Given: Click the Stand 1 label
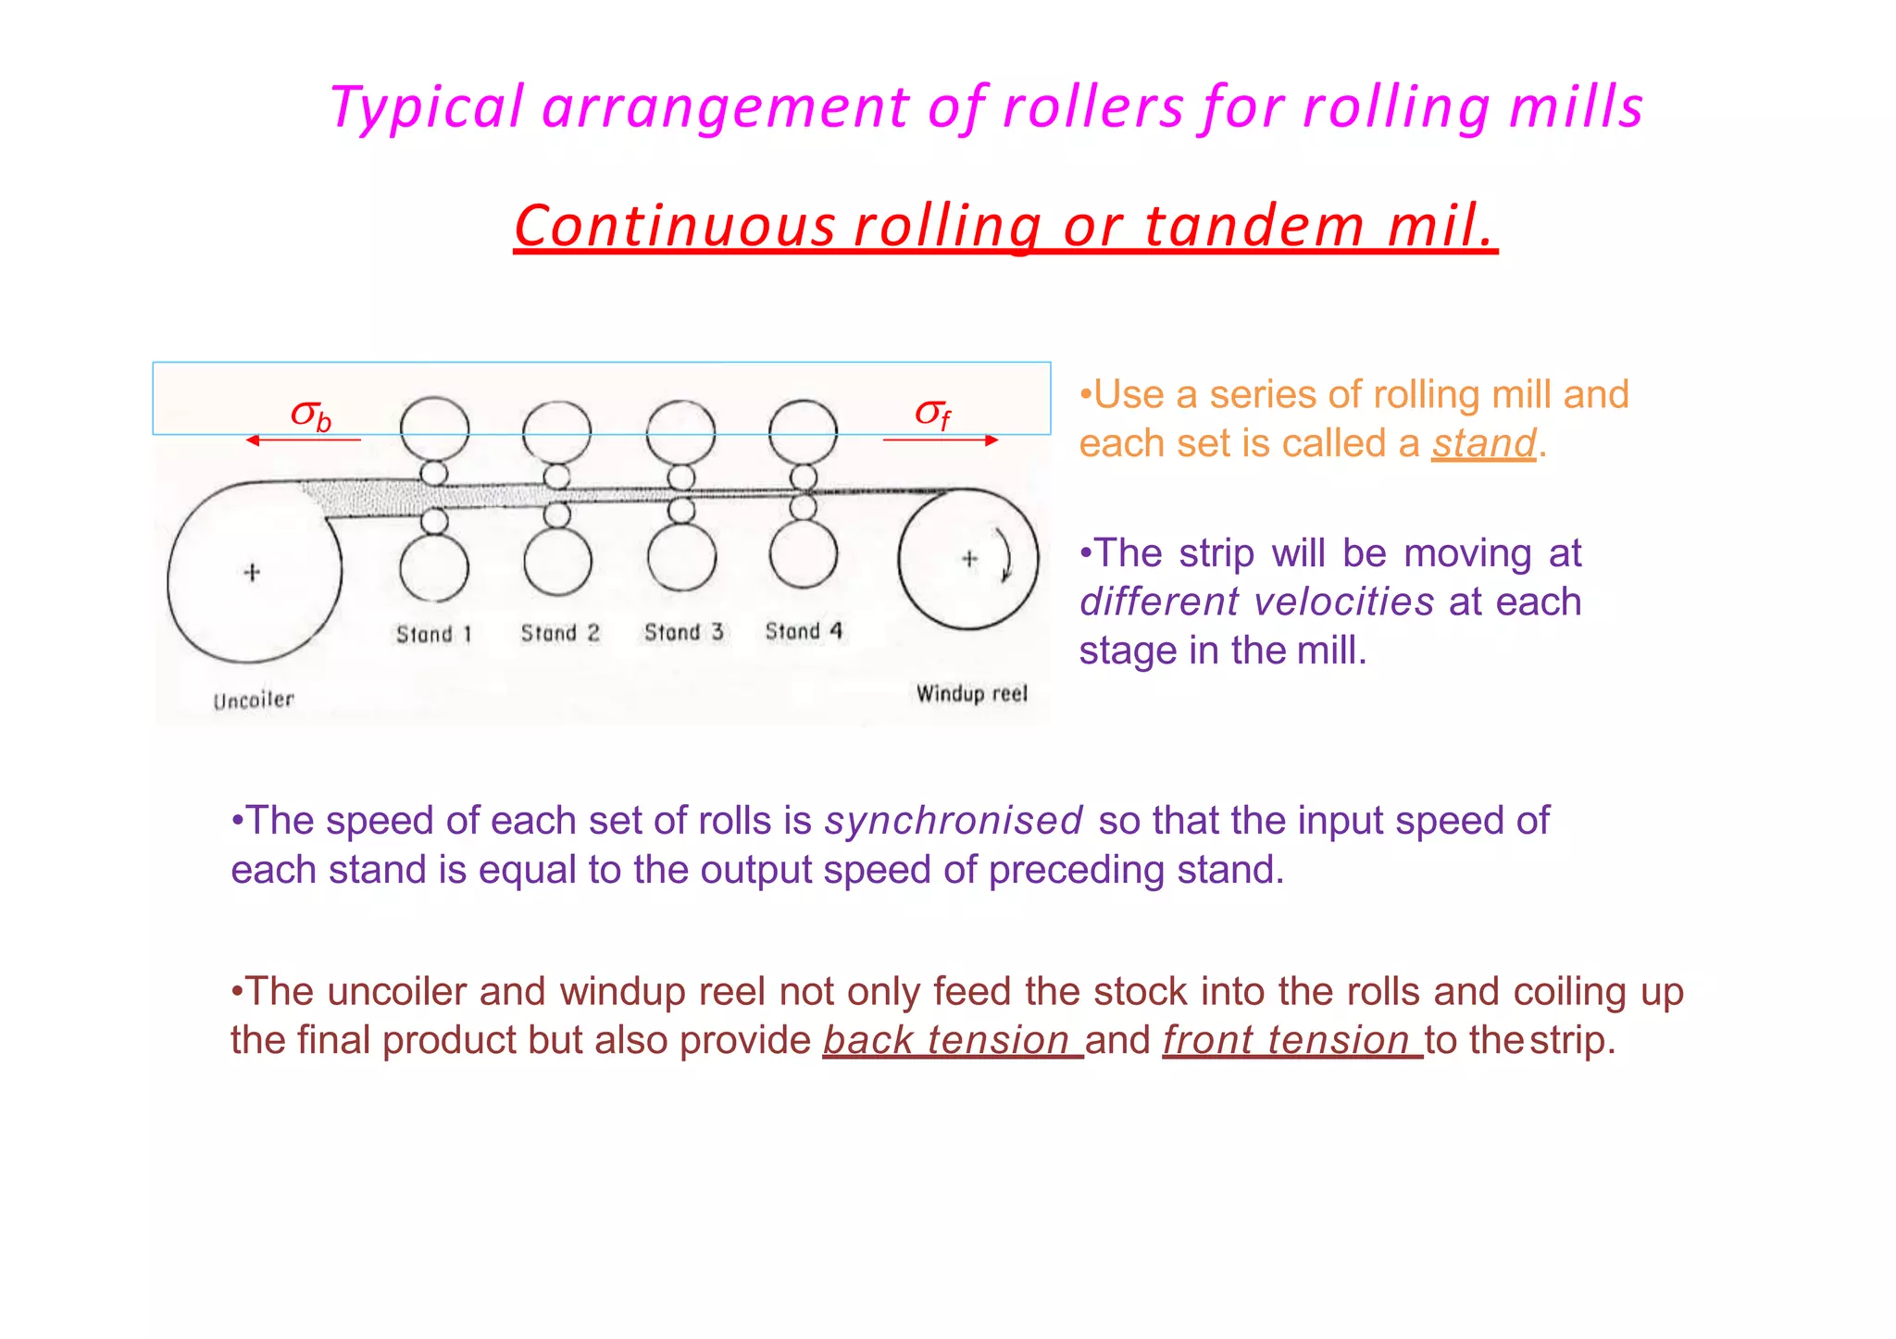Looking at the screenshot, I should point(434,634).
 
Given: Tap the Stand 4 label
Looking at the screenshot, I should point(804,631).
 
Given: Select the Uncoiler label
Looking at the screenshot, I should point(254,700).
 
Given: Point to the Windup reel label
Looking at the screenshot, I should point(971,694).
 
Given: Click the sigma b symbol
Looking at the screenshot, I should point(311,415).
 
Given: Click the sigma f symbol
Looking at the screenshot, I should point(932,414).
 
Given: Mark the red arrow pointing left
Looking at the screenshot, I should point(303,440).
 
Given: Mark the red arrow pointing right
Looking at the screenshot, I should point(941,440).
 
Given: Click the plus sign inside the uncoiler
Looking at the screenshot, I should point(252,573).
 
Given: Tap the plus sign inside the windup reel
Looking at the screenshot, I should point(969,559).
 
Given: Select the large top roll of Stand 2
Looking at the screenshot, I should point(556,432).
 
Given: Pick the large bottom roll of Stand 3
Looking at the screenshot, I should point(681,558).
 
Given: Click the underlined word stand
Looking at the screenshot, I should point(1483,443).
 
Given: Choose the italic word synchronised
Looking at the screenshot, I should point(954,821).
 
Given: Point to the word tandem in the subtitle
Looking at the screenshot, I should point(1254,226).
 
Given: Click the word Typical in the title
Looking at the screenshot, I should point(427,107).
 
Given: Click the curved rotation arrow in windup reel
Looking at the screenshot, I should point(1006,555).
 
